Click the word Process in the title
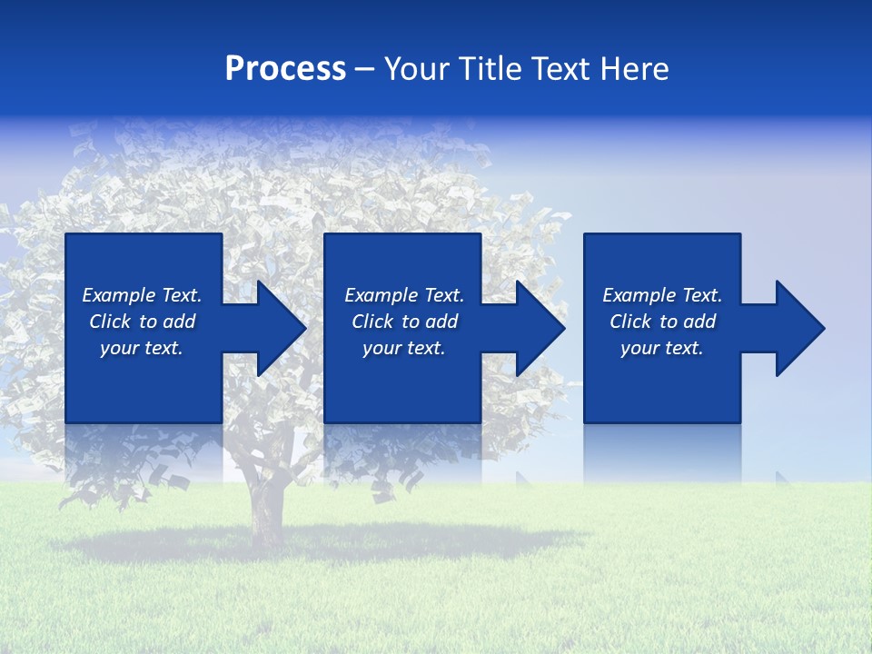[x=285, y=69]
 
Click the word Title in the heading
[x=489, y=69]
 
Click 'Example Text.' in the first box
[x=142, y=295]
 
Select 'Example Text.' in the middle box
[x=404, y=295]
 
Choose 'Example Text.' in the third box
[x=662, y=295]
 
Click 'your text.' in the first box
[x=142, y=348]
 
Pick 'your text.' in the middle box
[x=404, y=348]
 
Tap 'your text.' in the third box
[x=662, y=348]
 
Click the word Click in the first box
[x=110, y=322]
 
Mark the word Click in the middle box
[x=372, y=322]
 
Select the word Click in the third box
[x=630, y=322]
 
